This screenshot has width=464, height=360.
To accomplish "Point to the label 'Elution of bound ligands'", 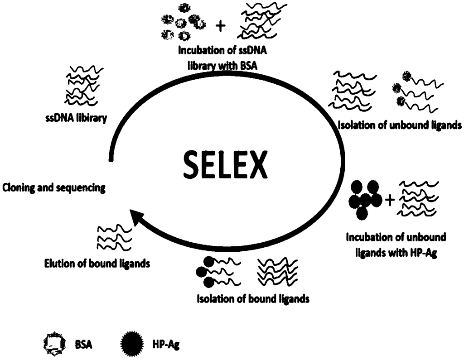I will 97,263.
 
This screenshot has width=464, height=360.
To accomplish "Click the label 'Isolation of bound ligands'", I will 253,299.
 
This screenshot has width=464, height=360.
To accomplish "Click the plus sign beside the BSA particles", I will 221,26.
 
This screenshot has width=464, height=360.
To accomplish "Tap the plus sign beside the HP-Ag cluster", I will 388,199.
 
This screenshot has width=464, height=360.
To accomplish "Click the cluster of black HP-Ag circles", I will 364,199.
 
